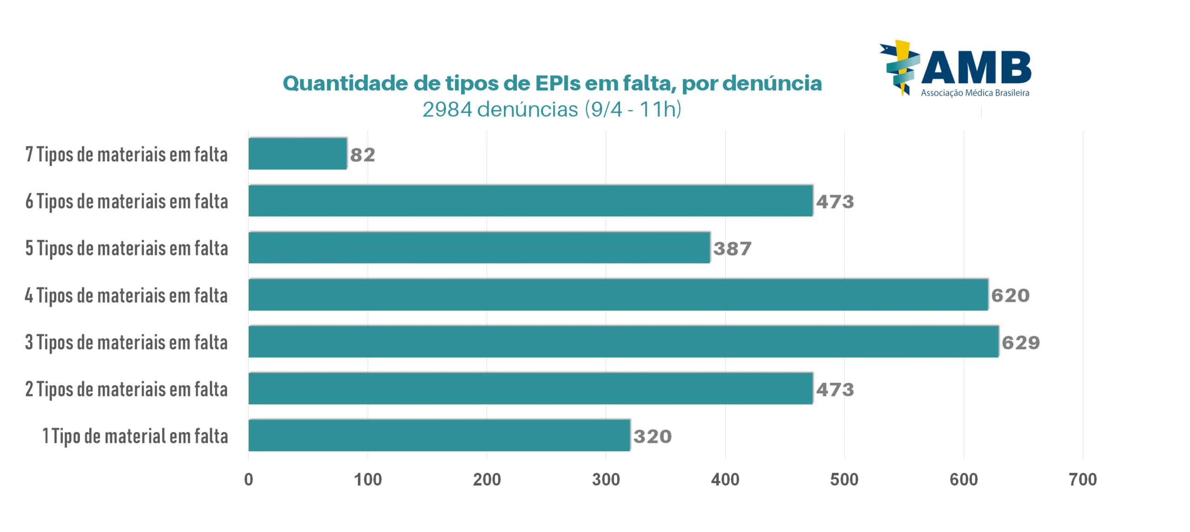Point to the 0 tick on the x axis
click(248, 479)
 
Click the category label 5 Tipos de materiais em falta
click(126, 248)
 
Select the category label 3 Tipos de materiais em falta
click(126, 342)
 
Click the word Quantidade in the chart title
click(344, 84)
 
